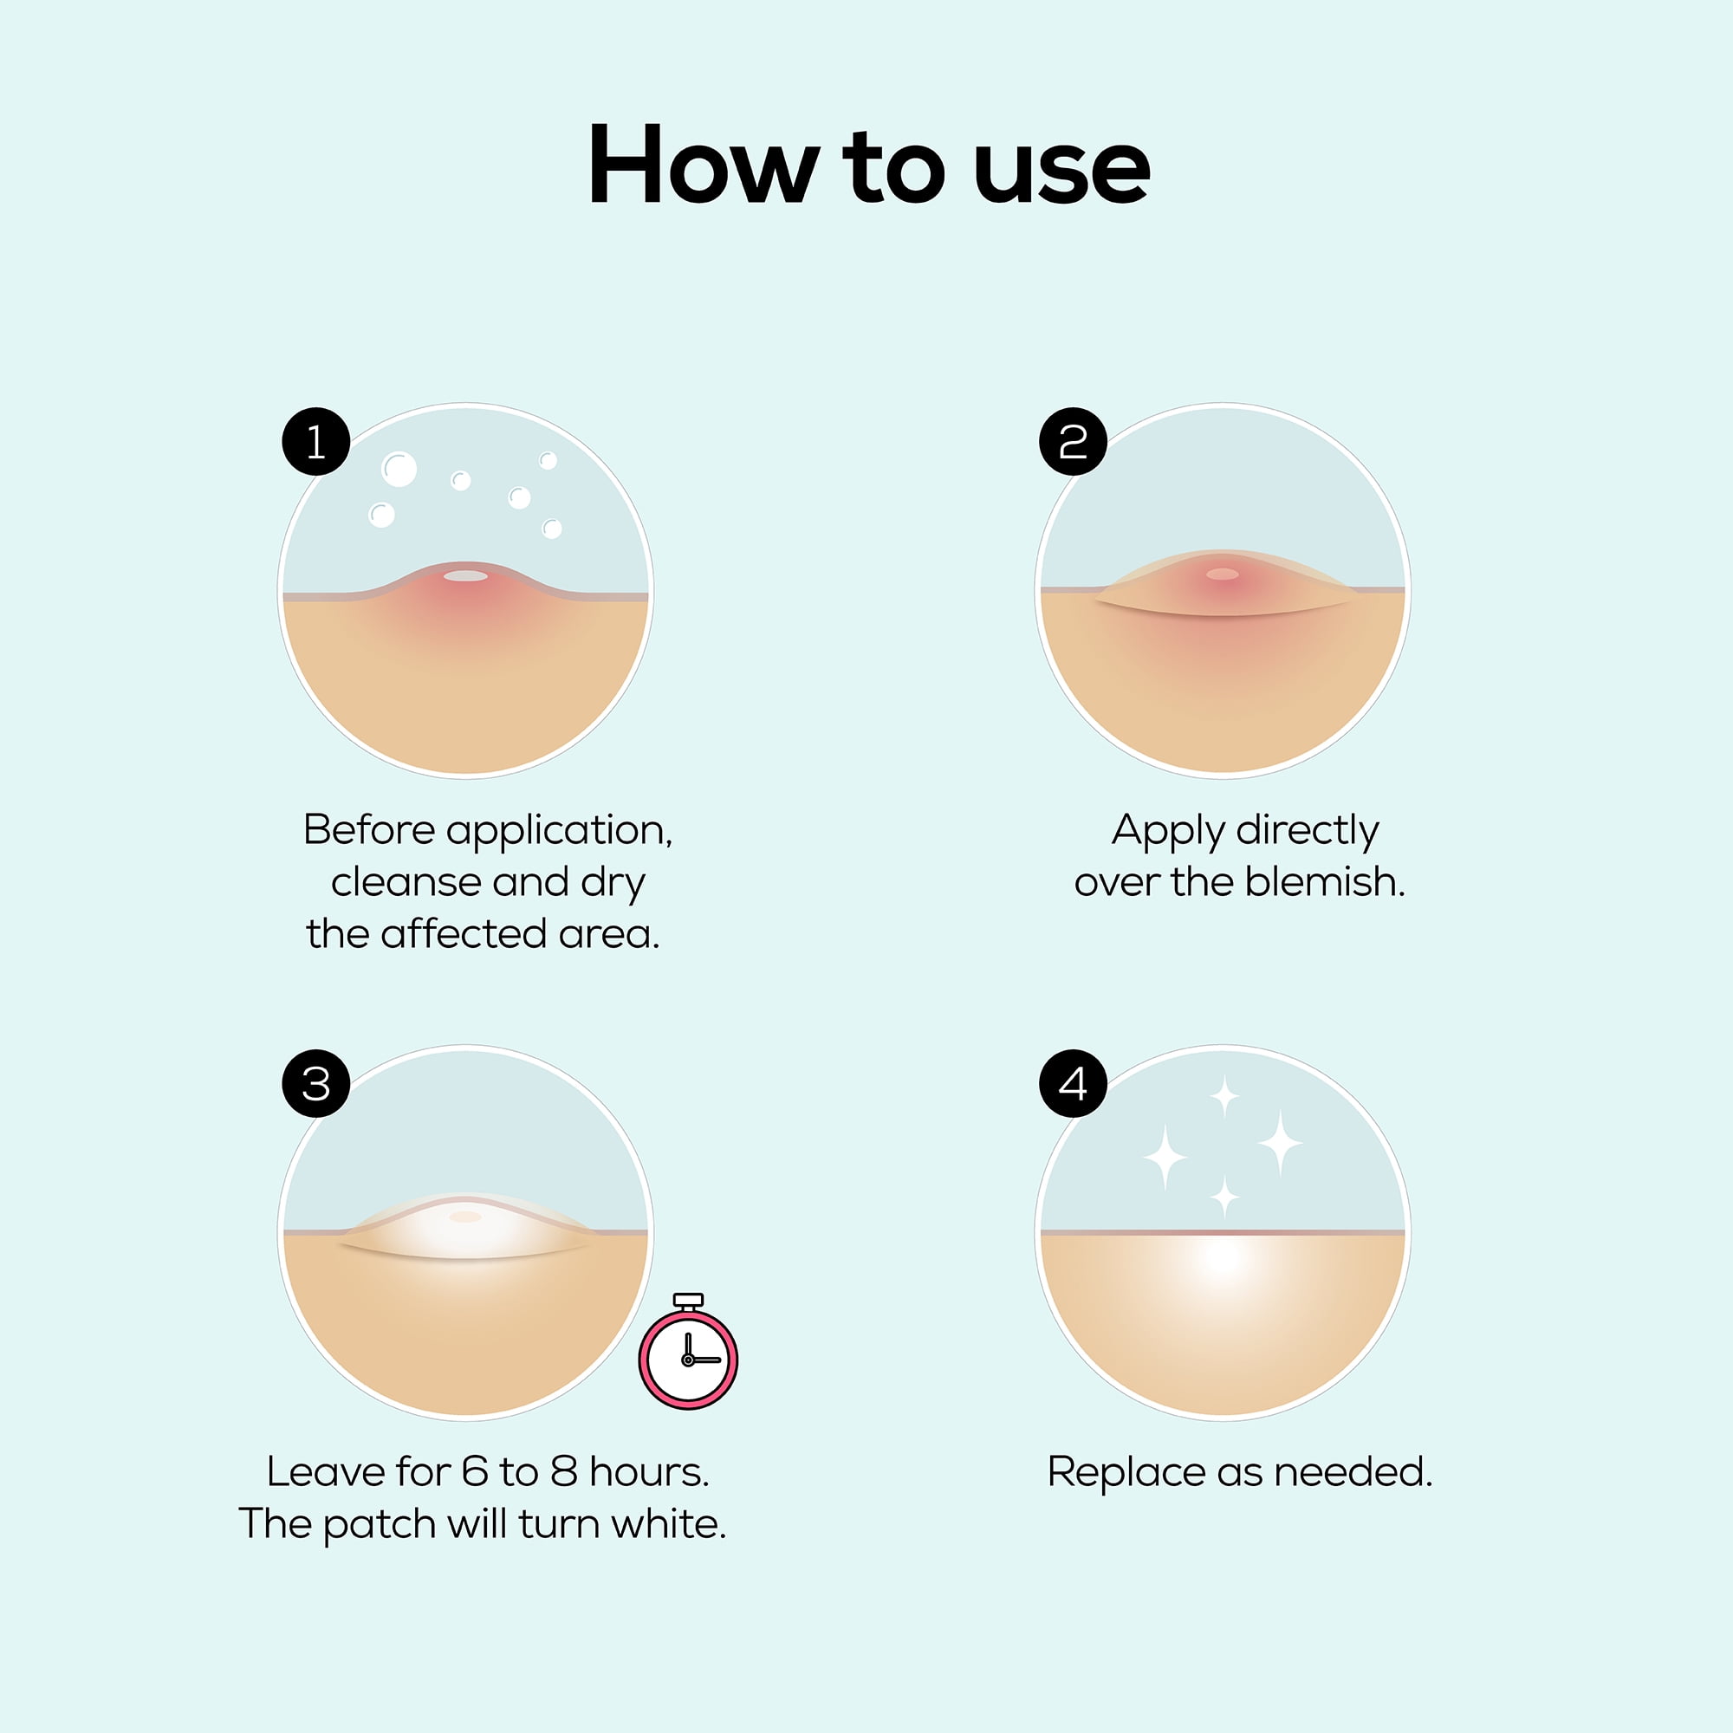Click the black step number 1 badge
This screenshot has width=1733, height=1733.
[x=315, y=441]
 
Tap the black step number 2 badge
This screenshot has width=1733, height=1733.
[x=1073, y=441]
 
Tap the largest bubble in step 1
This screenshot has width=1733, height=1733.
[x=399, y=469]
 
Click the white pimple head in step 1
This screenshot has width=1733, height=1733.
[x=465, y=576]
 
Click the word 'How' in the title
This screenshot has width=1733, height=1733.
[x=703, y=164]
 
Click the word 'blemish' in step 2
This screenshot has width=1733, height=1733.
[x=1324, y=882]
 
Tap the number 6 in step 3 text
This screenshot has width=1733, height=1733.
[x=475, y=1472]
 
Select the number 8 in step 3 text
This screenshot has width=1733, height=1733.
[x=564, y=1472]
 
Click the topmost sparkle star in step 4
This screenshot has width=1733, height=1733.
[x=1224, y=1096]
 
